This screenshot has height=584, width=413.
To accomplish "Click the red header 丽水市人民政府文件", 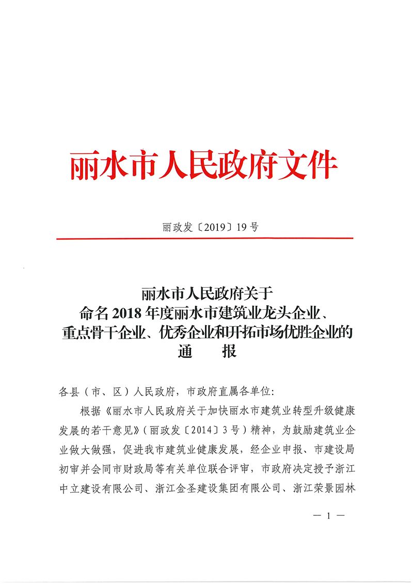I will click(x=204, y=166).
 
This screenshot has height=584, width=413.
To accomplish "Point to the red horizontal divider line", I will click(x=204, y=238).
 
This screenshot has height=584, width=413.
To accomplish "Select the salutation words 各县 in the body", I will click(x=67, y=391).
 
